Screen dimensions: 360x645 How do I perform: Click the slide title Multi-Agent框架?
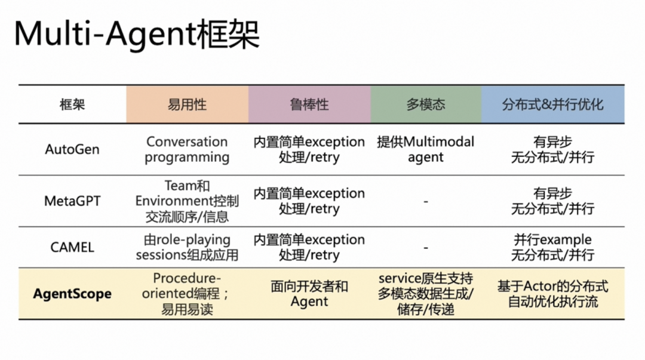(137, 34)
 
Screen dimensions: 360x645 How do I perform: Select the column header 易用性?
(187, 104)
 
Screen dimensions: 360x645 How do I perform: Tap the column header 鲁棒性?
(309, 104)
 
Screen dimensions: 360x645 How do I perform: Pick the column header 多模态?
(426, 104)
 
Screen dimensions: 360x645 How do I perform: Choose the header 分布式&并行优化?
(552, 104)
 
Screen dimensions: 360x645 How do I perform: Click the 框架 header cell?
(72, 104)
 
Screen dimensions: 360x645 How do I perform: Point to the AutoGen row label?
(72, 149)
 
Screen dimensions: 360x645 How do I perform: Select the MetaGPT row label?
(72, 201)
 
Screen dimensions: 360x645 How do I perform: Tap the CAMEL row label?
(72, 247)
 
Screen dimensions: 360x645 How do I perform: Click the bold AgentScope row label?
(72, 294)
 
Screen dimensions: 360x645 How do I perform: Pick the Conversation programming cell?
(187, 149)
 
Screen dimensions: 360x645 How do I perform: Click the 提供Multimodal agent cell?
(426, 149)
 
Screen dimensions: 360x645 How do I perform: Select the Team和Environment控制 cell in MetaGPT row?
(187, 201)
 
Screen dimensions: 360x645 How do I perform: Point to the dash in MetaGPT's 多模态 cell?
(426, 202)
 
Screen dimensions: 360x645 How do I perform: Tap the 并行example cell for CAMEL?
(552, 247)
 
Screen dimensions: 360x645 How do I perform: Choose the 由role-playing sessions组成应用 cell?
(187, 247)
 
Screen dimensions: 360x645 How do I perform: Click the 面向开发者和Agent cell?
(309, 294)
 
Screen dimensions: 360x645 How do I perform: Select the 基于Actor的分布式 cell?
(552, 294)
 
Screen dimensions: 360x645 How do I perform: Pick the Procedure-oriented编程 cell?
(187, 294)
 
